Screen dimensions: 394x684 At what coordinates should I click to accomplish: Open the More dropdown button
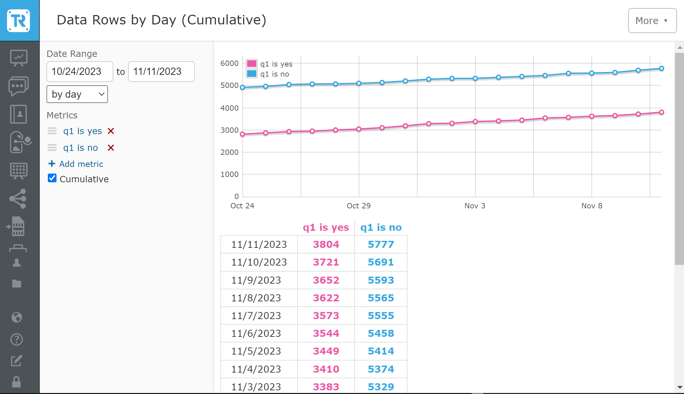[x=652, y=21]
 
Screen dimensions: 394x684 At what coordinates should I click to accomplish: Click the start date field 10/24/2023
[x=80, y=72]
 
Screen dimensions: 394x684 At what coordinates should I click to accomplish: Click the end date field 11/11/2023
[x=161, y=72]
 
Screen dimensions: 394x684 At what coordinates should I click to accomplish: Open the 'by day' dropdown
[x=77, y=94]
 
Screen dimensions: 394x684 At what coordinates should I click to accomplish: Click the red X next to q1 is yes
[x=111, y=131]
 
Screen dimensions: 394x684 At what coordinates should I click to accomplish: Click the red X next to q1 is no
[x=111, y=148]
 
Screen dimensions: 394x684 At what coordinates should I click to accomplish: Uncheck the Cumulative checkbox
[x=52, y=178]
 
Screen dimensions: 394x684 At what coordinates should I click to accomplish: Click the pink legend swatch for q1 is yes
[x=251, y=64]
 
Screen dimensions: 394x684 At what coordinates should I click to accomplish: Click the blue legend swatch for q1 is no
[x=251, y=74]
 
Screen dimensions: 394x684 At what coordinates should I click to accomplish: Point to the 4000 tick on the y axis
[x=229, y=108]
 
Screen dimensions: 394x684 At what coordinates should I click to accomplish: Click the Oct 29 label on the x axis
[x=358, y=206]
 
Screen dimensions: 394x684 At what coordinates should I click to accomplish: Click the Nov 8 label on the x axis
[x=591, y=206]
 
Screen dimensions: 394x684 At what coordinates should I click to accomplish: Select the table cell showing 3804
[x=326, y=244]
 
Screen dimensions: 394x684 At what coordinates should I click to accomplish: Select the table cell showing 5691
[x=381, y=262]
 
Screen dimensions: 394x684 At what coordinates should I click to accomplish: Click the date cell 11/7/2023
[x=256, y=316]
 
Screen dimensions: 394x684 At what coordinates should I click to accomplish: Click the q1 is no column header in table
[x=381, y=227]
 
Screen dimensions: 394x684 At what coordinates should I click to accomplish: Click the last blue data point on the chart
[x=661, y=68]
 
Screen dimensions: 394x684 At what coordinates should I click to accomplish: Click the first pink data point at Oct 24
[x=242, y=134]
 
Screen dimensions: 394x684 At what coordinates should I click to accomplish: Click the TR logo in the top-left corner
[x=19, y=20]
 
